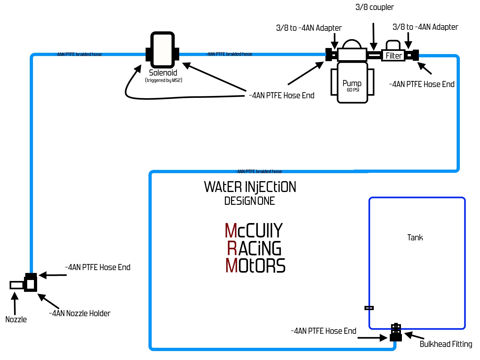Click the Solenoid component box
pyautogui.click(x=163, y=50)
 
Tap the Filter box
pyautogui.click(x=394, y=56)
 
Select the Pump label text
pyautogui.click(x=352, y=83)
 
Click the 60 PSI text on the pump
pyautogui.click(x=353, y=90)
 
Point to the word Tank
pyautogui.click(x=415, y=237)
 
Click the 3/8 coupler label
pyautogui.click(x=374, y=7)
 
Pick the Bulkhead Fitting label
pyautogui.click(x=446, y=344)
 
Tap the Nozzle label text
pyautogui.click(x=16, y=319)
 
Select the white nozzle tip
pyautogui.click(x=17, y=285)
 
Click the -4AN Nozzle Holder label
pyautogui.click(x=80, y=313)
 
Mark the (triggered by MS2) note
pyautogui.click(x=164, y=80)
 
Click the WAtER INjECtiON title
pyautogui.click(x=250, y=187)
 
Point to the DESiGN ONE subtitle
pyautogui.click(x=249, y=201)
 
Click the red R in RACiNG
pyautogui.click(x=232, y=248)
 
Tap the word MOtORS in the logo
pyautogui.click(x=255, y=266)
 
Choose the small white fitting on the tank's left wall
pyautogui.click(x=369, y=308)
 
